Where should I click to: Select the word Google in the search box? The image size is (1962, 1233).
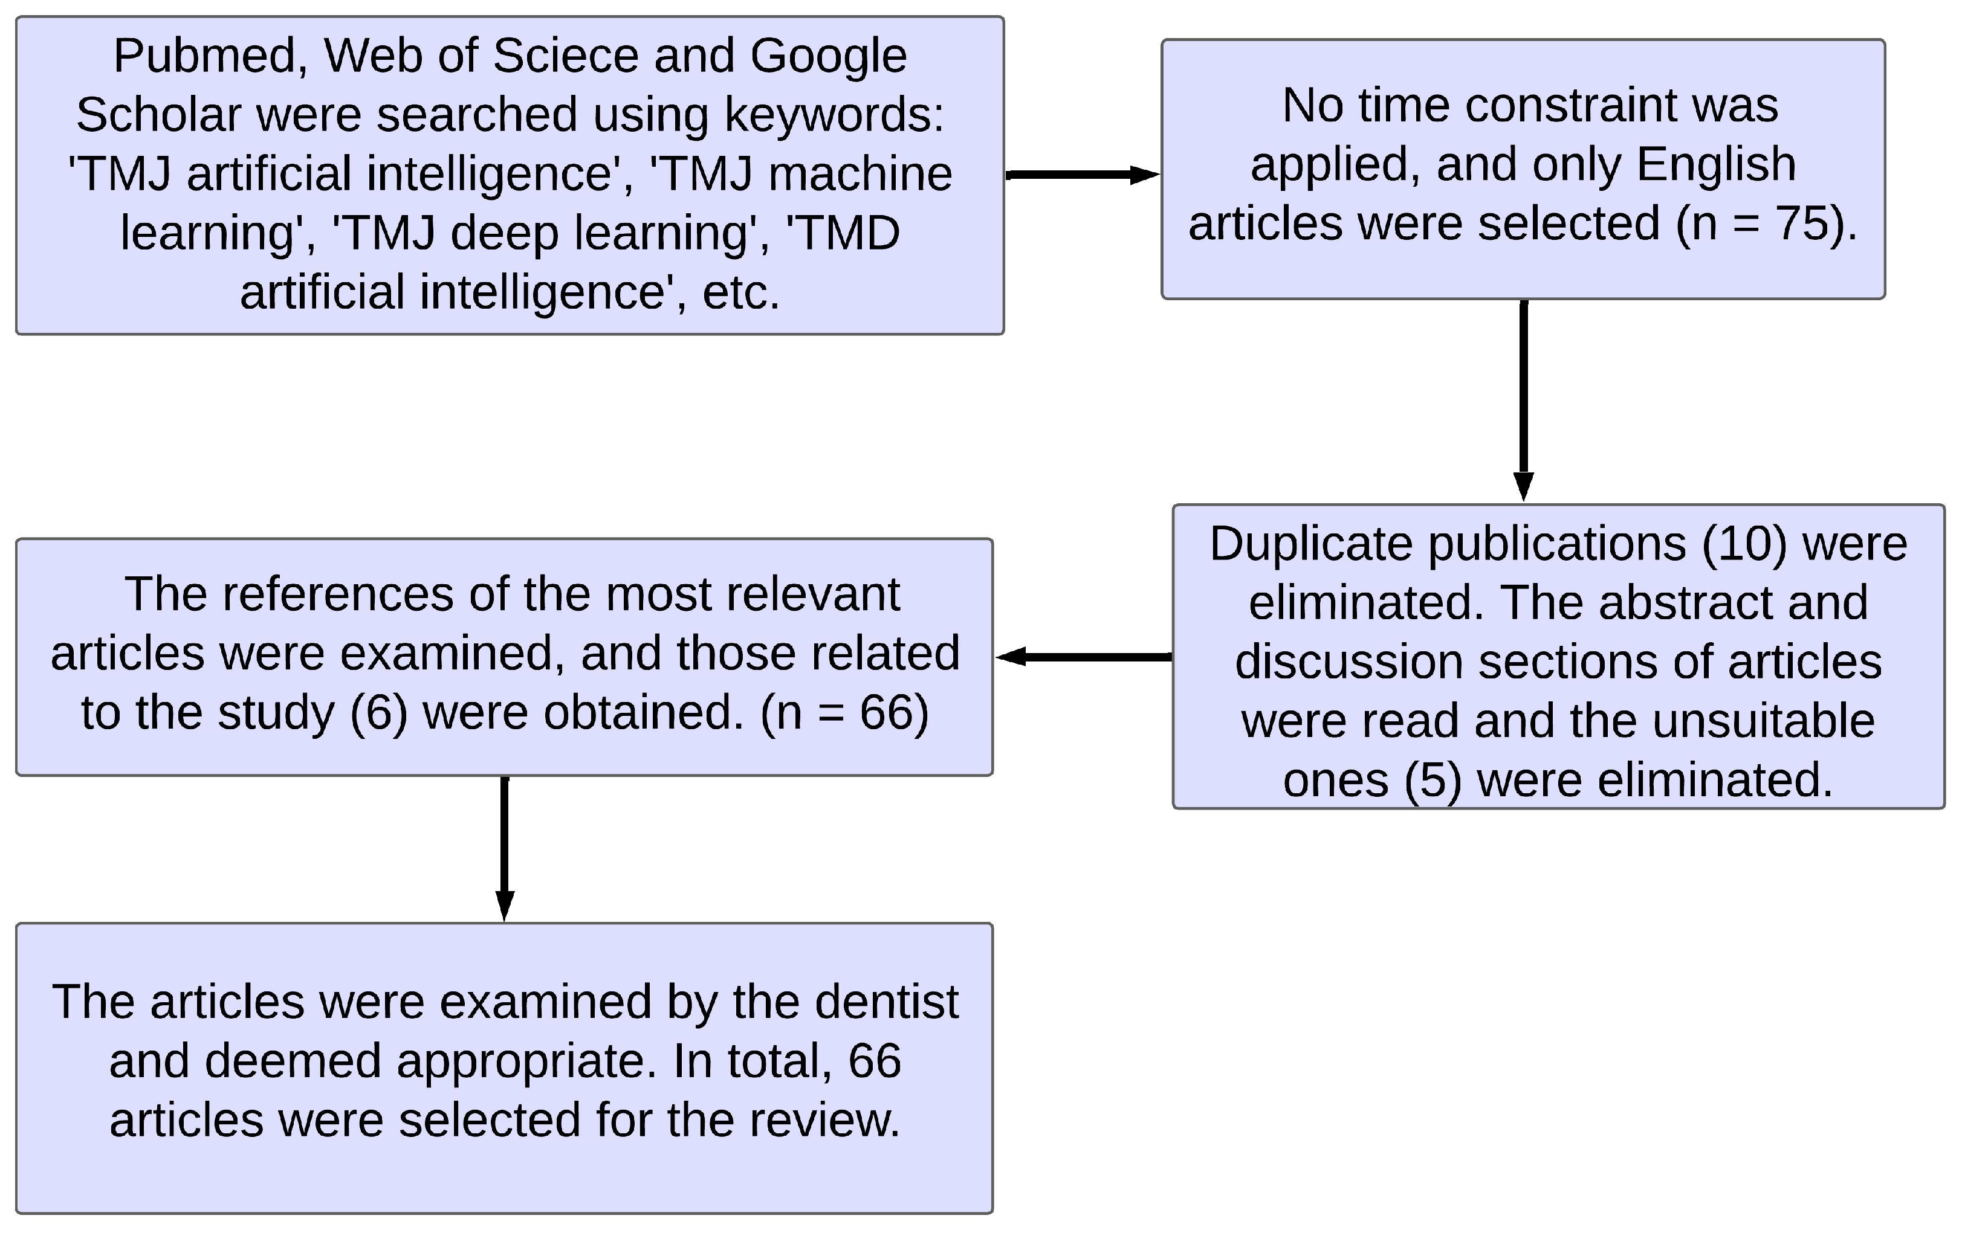(828, 57)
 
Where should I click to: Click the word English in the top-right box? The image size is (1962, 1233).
(1716, 164)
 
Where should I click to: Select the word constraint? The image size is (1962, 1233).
(1595, 106)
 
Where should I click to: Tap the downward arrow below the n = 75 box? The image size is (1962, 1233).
(1523, 399)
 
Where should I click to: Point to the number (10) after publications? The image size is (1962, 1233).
(1744, 544)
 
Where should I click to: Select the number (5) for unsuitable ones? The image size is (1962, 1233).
(1433, 780)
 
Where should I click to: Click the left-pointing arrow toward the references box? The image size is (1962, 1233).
(1084, 657)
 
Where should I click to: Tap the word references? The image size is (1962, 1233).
(337, 594)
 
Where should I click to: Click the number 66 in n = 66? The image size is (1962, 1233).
(885, 713)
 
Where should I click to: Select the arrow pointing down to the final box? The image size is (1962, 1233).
(505, 849)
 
